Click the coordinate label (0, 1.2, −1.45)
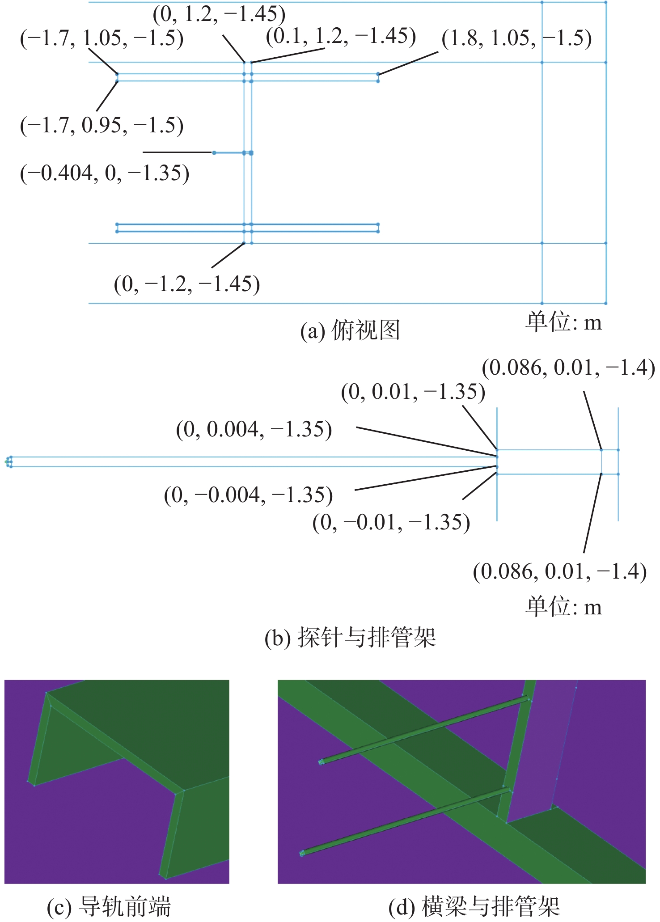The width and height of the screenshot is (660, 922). coord(219,14)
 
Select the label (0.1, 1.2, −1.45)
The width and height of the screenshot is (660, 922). coord(341,36)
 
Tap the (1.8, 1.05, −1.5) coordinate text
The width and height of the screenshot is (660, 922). coord(517,38)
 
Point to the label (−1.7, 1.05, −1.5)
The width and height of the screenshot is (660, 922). coord(102,38)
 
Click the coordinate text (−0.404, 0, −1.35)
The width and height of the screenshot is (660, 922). coord(105,173)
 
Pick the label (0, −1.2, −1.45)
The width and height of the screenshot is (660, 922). coord(187,284)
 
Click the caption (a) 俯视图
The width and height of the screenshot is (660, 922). coord(350,331)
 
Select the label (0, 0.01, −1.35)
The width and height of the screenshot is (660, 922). coord(413,392)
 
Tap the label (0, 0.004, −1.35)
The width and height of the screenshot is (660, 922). coord(254,430)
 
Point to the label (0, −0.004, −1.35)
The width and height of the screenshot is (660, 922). coord(249,495)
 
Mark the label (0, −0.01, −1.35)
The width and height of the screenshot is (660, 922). coord(391,522)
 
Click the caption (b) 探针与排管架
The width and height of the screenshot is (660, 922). coord(350,638)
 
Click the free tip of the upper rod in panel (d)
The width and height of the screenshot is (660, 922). coord(321,762)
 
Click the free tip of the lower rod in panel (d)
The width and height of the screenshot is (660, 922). coord(302,854)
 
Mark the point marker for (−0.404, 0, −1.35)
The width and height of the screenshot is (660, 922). coord(214,153)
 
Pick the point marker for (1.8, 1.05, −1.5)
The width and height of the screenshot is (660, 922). coord(378,74)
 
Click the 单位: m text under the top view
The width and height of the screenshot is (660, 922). coord(563,322)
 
